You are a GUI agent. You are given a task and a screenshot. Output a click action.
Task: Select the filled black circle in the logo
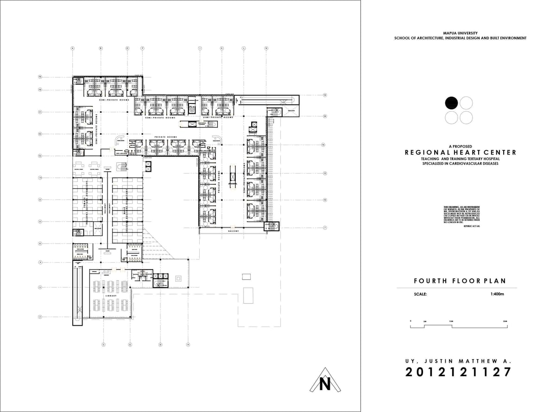pyautogui.click(x=451, y=103)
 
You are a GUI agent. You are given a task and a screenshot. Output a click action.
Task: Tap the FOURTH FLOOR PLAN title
pyautogui.click(x=460, y=281)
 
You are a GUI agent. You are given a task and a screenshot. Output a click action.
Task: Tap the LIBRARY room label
pyautogui.click(x=110, y=295)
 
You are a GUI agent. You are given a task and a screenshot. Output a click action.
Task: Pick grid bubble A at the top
pyautogui.click(x=72, y=48)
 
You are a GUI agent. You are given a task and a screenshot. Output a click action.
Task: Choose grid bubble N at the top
pyautogui.click(x=266, y=48)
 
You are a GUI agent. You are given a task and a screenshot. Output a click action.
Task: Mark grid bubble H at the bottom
pyautogui.click(x=188, y=345)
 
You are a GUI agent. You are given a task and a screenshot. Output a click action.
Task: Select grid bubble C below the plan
pyautogui.click(x=103, y=345)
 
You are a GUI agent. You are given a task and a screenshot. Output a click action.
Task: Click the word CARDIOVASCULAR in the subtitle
pyautogui.click(x=467, y=163)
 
